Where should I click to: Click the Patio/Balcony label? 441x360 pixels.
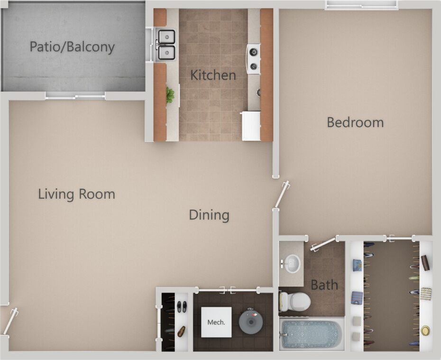click(x=72, y=47)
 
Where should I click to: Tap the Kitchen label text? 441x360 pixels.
click(x=213, y=75)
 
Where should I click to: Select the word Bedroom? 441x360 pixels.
click(x=355, y=122)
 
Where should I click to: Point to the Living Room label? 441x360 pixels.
click(x=76, y=194)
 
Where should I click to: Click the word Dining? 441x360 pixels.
click(x=209, y=215)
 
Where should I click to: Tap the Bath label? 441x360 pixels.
click(x=324, y=285)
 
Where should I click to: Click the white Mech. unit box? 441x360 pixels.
click(x=216, y=322)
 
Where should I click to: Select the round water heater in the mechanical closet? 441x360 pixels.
click(x=251, y=322)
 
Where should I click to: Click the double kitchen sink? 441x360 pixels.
click(x=166, y=45)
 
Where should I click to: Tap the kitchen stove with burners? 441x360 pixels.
click(x=253, y=58)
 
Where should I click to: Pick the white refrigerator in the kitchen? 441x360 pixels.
click(x=251, y=126)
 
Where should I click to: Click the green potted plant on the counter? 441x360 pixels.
click(x=170, y=95)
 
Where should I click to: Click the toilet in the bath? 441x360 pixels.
click(x=295, y=301)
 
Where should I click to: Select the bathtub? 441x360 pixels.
click(x=311, y=334)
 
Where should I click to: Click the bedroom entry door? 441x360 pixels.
click(x=282, y=194)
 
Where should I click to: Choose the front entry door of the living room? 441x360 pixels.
click(x=10, y=321)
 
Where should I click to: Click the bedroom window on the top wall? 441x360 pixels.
click(x=361, y=5)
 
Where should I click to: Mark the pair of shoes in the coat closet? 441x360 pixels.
click(x=182, y=306)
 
